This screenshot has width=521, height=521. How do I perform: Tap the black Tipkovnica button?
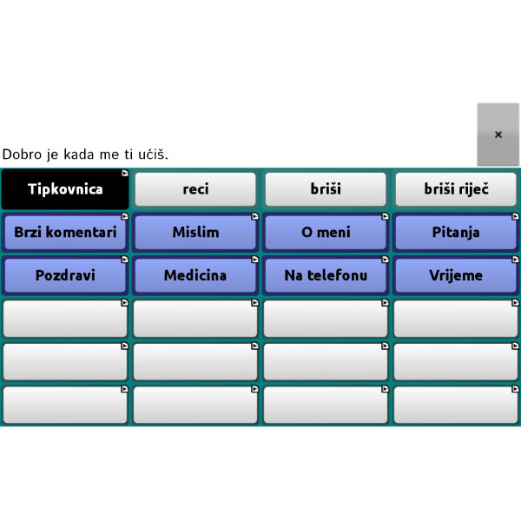pyautogui.click(x=65, y=189)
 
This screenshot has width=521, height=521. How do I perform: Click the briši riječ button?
pyautogui.click(x=456, y=189)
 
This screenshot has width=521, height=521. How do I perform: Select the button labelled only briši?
pyautogui.click(x=326, y=189)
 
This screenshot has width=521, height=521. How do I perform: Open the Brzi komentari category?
pyautogui.click(x=65, y=232)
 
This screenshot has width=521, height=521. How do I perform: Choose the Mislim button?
pyautogui.click(x=195, y=232)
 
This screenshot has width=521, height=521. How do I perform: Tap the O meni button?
pyautogui.click(x=326, y=232)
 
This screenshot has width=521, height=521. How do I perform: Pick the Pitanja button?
pyautogui.click(x=456, y=232)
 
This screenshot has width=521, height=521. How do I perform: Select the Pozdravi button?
pyautogui.click(x=65, y=275)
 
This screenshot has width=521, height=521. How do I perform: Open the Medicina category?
pyautogui.click(x=195, y=275)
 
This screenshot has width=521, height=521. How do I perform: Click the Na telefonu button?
pyautogui.click(x=326, y=275)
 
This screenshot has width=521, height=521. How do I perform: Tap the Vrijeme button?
pyautogui.click(x=456, y=275)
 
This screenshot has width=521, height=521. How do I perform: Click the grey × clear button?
pyautogui.click(x=498, y=135)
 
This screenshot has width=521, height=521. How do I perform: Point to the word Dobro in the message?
pyautogui.click(x=22, y=155)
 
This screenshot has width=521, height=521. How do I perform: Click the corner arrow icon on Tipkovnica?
pyautogui.click(x=124, y=173)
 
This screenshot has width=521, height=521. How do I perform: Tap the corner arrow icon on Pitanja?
pyautogui.click(x=515, y=216)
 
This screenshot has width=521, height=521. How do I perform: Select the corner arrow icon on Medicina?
pyautogui.click(x=254, y=260)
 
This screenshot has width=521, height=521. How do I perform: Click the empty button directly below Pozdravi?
pyautogui.click(x=65, y=319)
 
